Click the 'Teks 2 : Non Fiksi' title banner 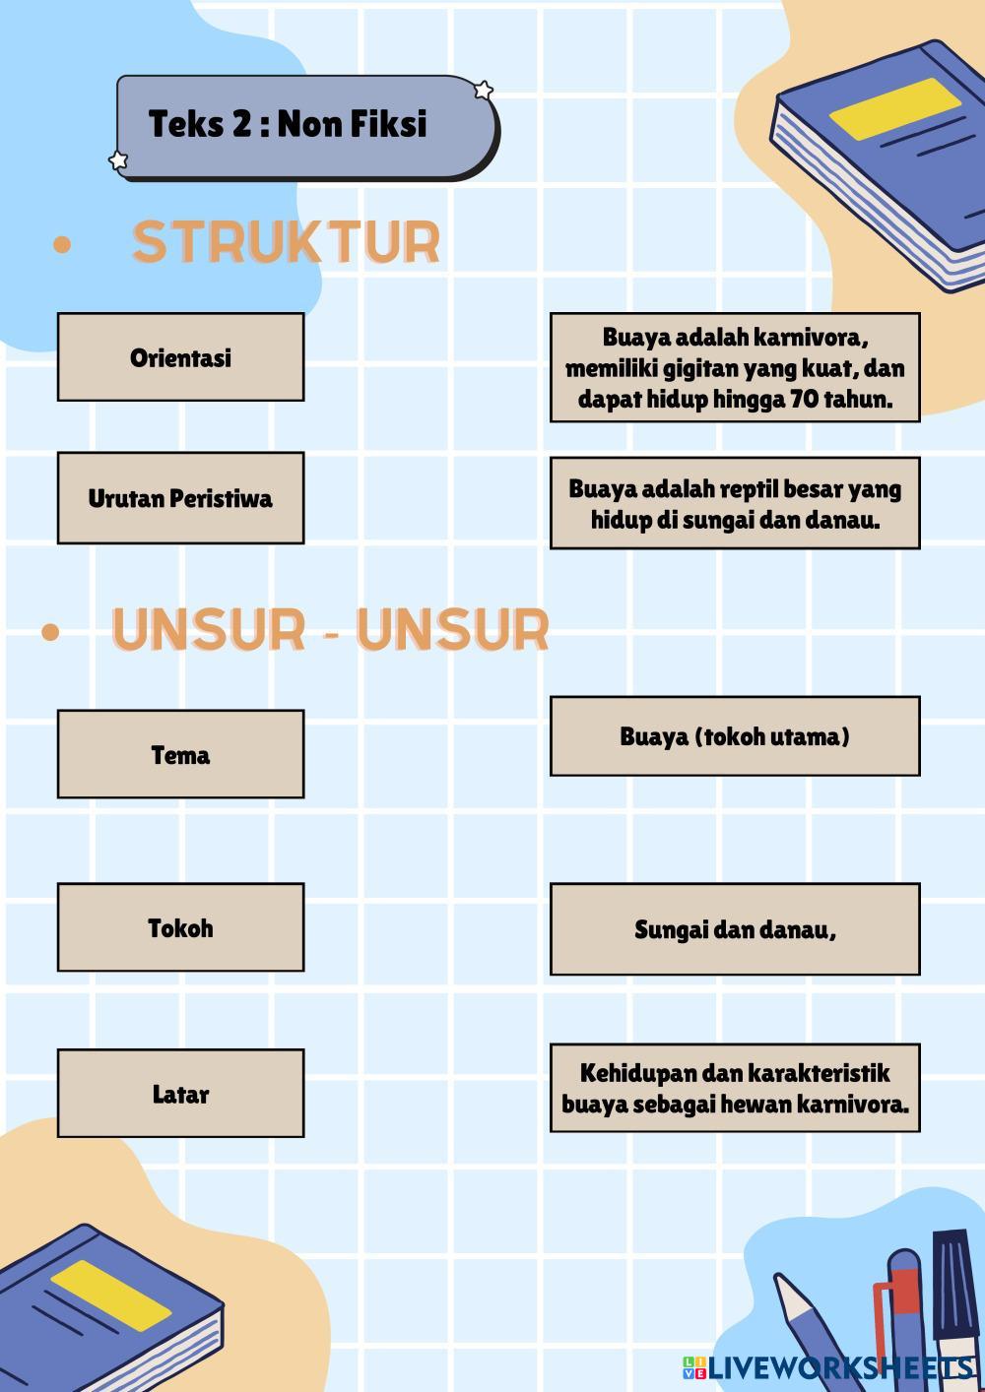[x=305, y=126]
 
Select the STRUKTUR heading [x=286, y=242]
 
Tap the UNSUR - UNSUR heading [x=329, y=630]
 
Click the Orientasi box [x=180, y=357]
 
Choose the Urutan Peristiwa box [x=180, y=498]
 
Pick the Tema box [x=180, y=755]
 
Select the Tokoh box [x=180, y=927]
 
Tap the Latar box [x=180, y=1094]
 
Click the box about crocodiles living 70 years [x=735, y=368]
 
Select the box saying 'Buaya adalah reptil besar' [x=735, y=503]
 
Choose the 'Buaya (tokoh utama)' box [x=735, y=736]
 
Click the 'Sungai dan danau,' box [x=735, y=929]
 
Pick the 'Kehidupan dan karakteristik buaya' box [x=735, y=1088]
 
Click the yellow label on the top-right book [x=894, y=109]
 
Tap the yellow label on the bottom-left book [x=110, y=1295]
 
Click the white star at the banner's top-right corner [x=484, y=91]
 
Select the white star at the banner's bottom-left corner [x=118, y=160]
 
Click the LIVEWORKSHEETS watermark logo [x=827, y=1367]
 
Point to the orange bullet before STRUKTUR [x=62, y=245]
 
